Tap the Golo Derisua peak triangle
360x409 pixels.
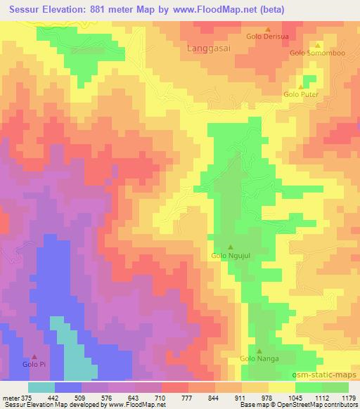[268, 30]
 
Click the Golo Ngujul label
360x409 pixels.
[231, 257]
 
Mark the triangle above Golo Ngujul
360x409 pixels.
[231, 247]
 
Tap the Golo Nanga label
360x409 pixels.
[259, 359]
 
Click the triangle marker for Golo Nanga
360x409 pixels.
[259, 351]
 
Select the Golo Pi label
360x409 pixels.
[34, 365]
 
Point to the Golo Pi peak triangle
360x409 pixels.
[34, 357]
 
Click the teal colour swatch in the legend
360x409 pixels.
[41, 387]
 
